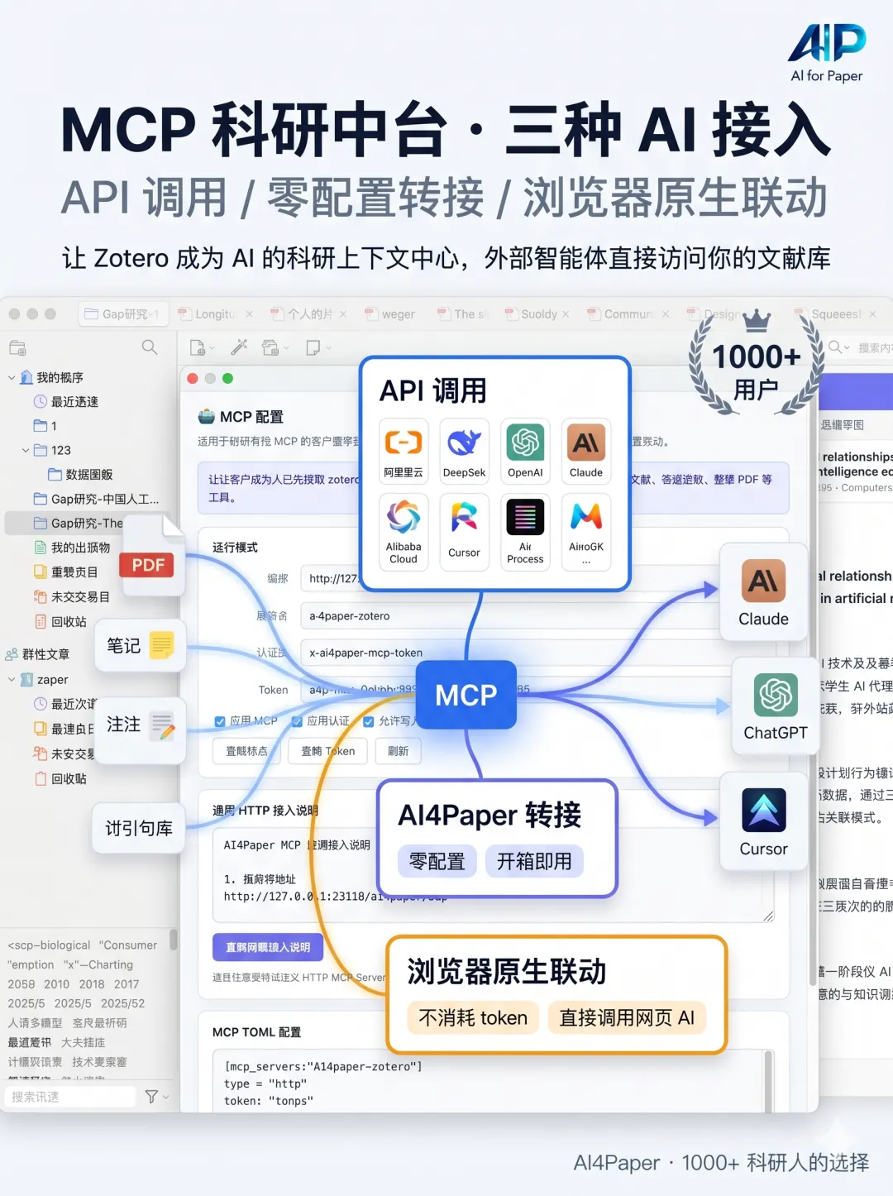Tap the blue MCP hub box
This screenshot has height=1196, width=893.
pyautogui.click(x=466, y=695)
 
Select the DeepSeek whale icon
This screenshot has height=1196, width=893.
pyautogui.click(x=464, y=443)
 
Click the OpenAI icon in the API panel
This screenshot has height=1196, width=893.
pyautogui.click(x=525, y=443)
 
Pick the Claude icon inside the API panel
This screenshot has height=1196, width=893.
pyautogui.click(x=586, y=443)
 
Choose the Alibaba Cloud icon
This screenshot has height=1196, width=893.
pyautogui.click(x=404, y=519)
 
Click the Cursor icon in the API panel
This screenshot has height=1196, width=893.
pyautogui.click(x=464, y=519)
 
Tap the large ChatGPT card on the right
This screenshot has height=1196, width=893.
pyautogui.click(x=775, y=706)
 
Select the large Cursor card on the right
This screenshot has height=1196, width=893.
pyautogui.click(x=763, y=821)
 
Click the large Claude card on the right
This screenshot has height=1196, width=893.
pyautogui.click(x=763, y=592)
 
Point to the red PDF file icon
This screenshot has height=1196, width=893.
pyautogui.click(x=149, y=556)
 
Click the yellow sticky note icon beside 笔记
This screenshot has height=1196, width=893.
pyautogui.click(x=161, y=645)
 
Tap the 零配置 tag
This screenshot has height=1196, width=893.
pyautogui.click(x=437, y=861)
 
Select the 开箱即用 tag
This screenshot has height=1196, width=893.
pyautogui.click(x=534, y=861)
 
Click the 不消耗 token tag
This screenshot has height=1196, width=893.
pyautogui.click(x=473, y=1017)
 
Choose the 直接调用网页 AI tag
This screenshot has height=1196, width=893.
pyautogui.click(x=627, y=1017)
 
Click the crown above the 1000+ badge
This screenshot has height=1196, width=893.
pyautogui.click(x=757, y=320)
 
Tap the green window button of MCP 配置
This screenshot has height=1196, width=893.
pyautogui.click(x=228, y=378)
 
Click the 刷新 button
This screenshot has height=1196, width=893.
pyautogui.click(x=398, y=751)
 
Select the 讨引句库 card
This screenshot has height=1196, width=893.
pyautogui.click(x=139, y=828)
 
